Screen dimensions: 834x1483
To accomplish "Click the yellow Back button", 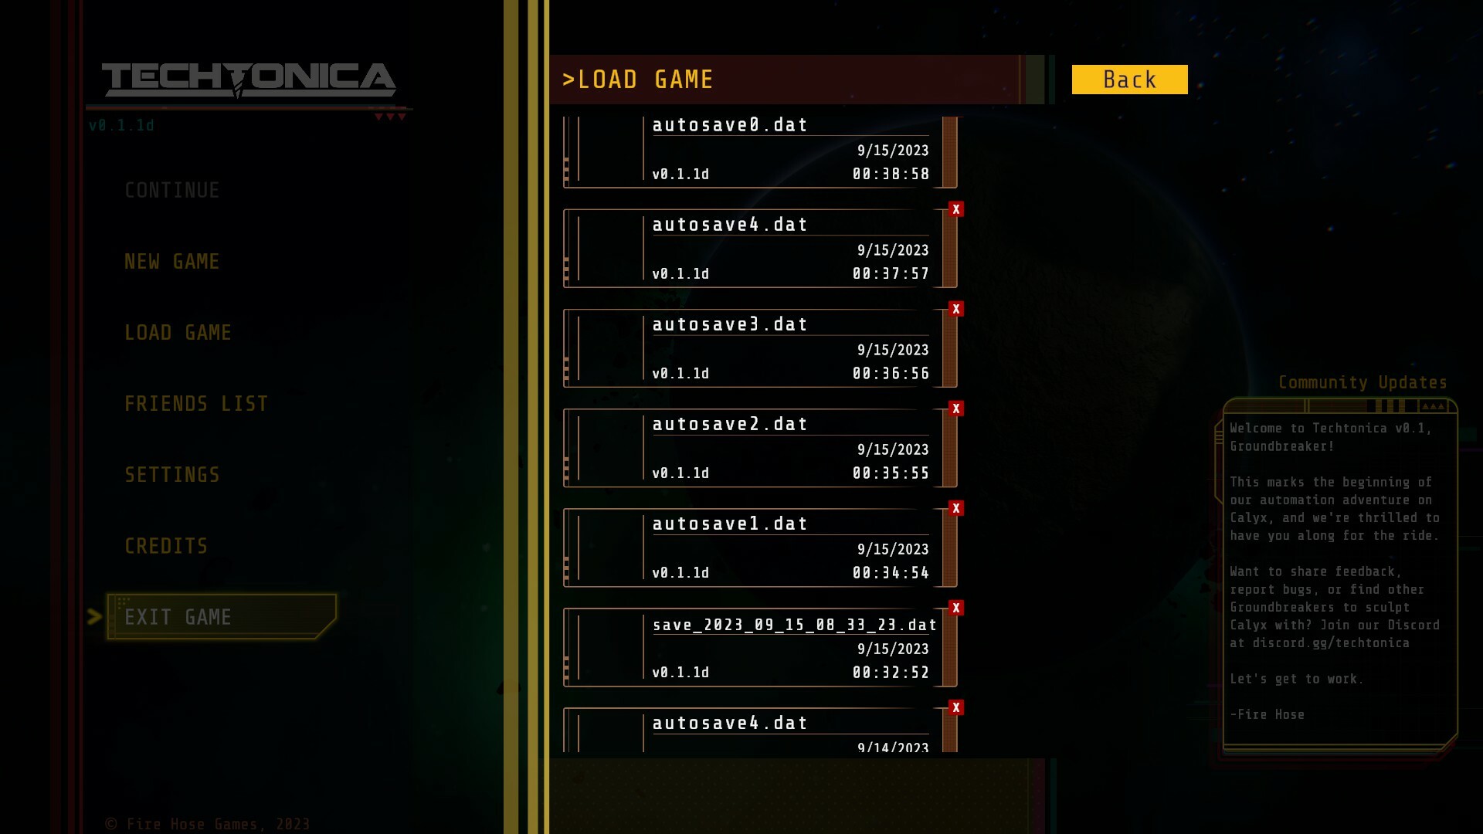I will pyautogui.click(x=1129, y=80).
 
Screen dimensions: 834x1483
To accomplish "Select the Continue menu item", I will pyautogui.click(x=172, y=191).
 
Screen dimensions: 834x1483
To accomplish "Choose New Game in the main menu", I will pyautogui.click(x=172, y=262).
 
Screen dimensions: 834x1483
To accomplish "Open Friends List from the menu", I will pyautogui.click(x=196, y=404).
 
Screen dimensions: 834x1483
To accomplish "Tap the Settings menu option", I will pyautogui.click(x=172, y=475).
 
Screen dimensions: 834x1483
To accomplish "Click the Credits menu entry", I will pyautogui.click(x=166, y=547).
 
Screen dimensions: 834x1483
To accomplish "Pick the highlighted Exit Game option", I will pyautogui.click(x=178, y=617).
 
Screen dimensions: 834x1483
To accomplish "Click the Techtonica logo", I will pyautogui.click(x=249, y=80).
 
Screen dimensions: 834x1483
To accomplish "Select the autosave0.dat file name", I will pyautogui.click(x=730, y=125).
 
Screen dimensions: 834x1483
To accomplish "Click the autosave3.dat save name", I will pyautogui.click(x=730, y=324).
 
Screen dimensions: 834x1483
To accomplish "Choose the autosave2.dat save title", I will pyautogui.click(x=730, y=424).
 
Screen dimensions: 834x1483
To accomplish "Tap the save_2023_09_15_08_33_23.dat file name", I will pyautogui.click(x=795, y=625).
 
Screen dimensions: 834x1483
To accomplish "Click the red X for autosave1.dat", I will pyautogui.click(x=956, y=508).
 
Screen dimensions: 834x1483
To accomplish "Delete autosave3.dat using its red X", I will pyautogui.click(x=956, y=309).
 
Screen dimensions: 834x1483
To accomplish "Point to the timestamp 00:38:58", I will pyautogui.click(x=891, y=175).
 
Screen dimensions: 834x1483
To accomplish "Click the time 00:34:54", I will pyautogui.click(x=891, y=573).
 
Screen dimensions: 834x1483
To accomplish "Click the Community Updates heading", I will pyautogui.click(x=1363, y=383).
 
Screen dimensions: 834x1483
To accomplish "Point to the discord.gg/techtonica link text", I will pyautogui.click(x=1331, y=643).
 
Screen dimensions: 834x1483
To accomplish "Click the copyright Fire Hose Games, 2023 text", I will pyautogui.click(x=208, y=824).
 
